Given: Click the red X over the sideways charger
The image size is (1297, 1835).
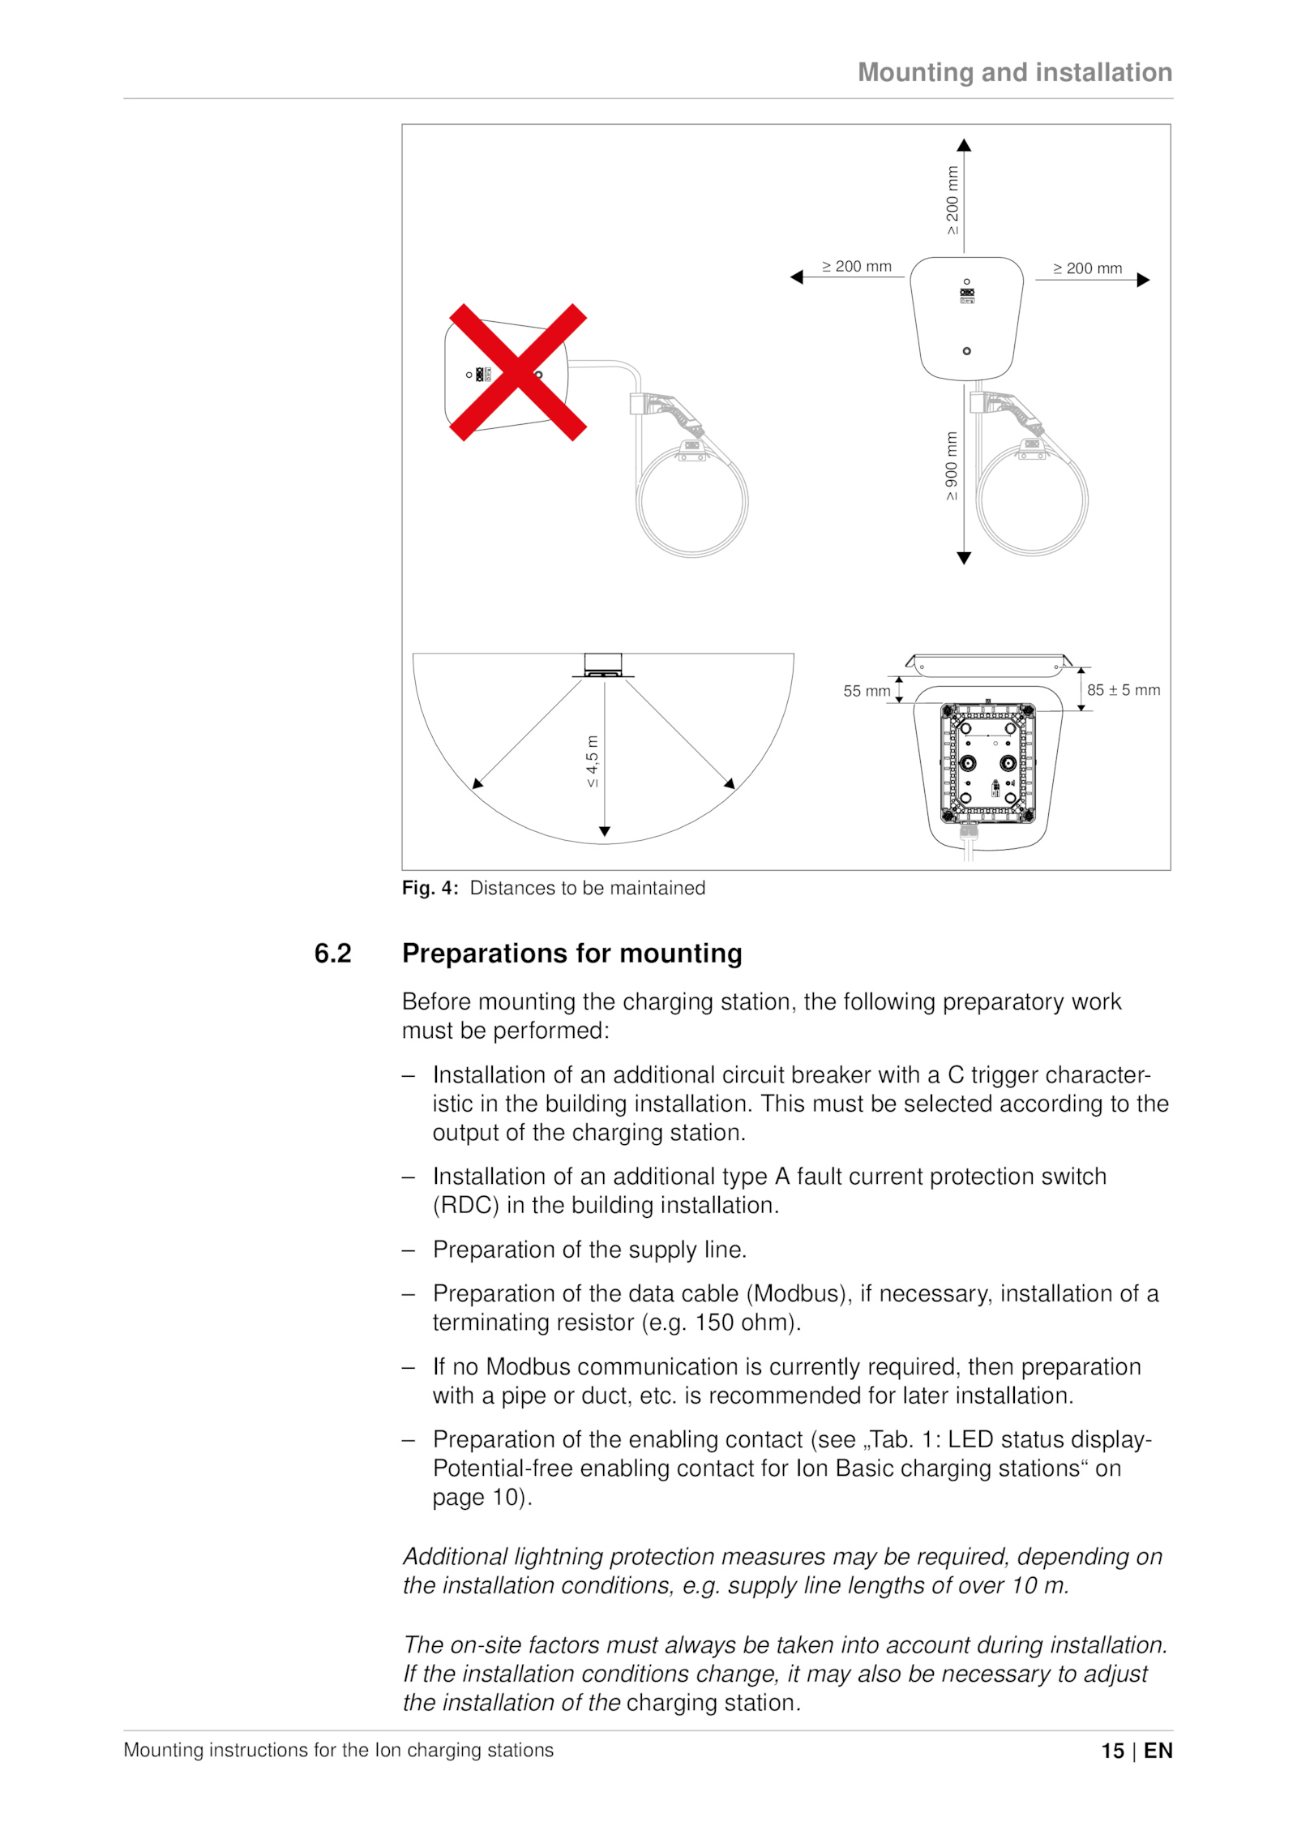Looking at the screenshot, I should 517,372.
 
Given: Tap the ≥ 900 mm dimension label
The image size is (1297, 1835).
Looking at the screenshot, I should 952,465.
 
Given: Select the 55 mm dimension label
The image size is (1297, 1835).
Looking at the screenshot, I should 866,691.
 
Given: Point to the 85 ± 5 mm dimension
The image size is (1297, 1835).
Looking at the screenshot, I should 1123,690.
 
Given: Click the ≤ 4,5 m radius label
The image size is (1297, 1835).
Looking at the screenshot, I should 593,761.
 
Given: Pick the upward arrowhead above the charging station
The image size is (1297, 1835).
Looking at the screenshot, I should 964,146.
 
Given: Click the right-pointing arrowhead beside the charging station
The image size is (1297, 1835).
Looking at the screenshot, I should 1143,281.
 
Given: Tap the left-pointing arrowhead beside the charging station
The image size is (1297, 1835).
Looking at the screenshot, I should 797,277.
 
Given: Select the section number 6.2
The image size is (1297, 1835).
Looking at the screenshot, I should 332,954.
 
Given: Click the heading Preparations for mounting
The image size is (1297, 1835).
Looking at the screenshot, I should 571,954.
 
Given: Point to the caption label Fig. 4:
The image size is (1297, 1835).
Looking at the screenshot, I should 430,888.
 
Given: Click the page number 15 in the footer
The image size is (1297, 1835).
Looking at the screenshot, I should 1112,1751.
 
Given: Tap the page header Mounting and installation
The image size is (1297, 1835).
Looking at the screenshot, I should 1014,73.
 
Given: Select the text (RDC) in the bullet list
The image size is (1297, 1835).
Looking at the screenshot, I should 465,1206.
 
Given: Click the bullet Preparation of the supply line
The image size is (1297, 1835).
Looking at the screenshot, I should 589,1250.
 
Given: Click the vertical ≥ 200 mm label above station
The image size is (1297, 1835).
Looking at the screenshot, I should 952,200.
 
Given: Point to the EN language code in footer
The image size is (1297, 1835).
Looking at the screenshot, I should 1158,1751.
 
